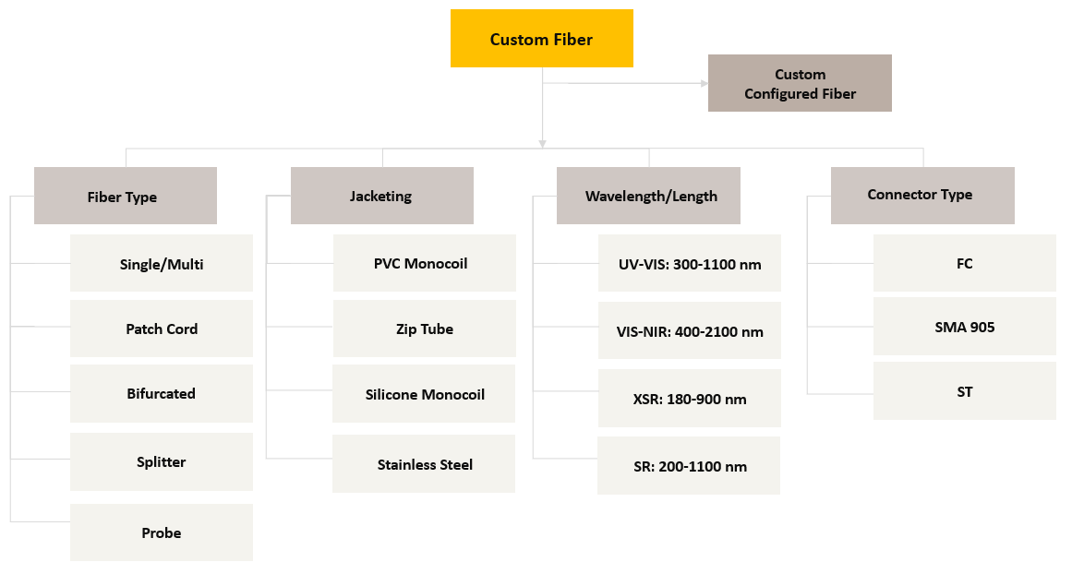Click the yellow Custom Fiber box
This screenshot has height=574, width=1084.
(541, 38)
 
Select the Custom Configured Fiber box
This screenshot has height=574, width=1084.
(800, 83)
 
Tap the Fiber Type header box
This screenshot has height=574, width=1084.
(126, 196)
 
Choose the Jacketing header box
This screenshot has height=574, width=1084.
(381, 196)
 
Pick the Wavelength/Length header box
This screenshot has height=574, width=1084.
(648, 196)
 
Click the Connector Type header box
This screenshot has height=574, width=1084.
(922, 196)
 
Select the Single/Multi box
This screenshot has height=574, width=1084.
(161, 263)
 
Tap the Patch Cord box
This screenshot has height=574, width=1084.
(161, 329)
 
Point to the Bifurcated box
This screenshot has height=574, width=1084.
(161, 394)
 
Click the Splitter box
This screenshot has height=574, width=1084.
(161, 461)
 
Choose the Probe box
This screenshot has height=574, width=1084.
(161, 532)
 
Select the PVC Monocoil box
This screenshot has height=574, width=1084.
(425, 263)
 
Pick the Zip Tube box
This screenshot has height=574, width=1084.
(425, 329)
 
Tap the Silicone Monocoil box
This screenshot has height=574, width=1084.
(424, 394)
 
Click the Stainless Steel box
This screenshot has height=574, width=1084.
(424, 463)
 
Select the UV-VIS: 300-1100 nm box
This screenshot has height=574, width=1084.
(689, 263)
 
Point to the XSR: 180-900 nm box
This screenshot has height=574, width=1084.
(689, 398)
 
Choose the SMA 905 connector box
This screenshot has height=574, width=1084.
(964, 326)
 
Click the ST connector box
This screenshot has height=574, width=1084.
(964, 391)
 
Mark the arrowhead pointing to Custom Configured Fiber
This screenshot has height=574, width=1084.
(705, 84)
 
